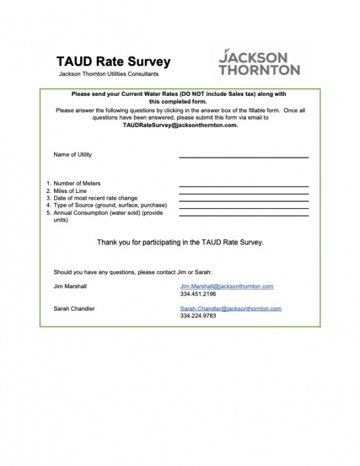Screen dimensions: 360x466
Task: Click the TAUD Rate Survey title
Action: [x=113, y=62]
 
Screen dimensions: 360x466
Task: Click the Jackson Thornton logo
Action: [x=259, y=61]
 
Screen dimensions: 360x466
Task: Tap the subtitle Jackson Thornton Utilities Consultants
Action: [x=108, y=74]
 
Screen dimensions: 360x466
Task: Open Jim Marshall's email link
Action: [x=227, y=286]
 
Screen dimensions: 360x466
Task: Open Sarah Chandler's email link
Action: [x=231, y=309]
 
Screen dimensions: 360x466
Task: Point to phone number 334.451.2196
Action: [x=198, y=293]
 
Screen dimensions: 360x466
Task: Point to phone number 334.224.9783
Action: [x=198, y=316]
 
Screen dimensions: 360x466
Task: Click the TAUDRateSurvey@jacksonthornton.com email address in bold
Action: [x=180, y=125]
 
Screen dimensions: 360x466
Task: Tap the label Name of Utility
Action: [x=73, y=155]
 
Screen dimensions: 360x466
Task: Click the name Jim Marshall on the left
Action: [x=70, y=286]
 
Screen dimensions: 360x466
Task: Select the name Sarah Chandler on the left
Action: [x=74, y=309]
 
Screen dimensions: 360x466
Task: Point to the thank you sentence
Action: [x=180, y=243]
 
